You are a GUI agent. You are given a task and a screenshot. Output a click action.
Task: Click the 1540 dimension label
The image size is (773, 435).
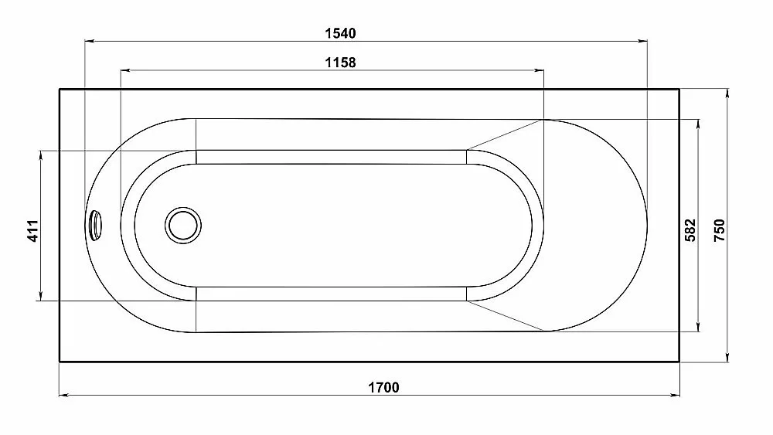point(340,33)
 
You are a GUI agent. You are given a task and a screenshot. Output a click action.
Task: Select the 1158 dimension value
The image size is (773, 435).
point(340,63)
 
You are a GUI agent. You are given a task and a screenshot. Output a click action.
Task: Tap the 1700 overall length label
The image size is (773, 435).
point(383,387)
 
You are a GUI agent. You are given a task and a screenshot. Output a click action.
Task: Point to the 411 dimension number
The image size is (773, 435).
point(32,230)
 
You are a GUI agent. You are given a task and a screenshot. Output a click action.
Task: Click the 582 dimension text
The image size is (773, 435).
point(690,230)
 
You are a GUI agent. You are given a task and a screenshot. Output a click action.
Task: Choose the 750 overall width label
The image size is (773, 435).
point(720,230)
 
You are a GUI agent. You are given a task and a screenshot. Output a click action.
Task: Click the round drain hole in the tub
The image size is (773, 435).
point(183,225)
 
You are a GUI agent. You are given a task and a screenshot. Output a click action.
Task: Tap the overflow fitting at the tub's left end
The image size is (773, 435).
point(96,225)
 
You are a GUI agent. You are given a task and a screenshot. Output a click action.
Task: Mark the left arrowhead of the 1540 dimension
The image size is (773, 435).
point(90,42)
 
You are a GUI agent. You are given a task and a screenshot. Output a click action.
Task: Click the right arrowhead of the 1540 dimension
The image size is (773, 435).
point(642,42)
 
